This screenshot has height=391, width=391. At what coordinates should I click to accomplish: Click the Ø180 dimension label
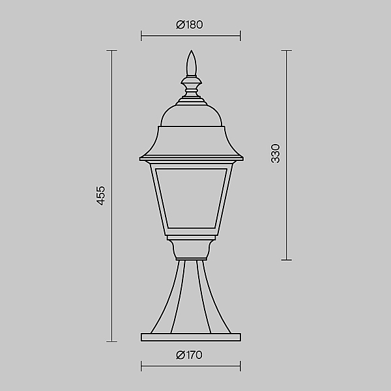[190, 25]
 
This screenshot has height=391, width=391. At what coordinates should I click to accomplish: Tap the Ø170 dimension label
[189, 355]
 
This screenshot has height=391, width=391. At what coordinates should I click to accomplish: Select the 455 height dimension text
[101, 195]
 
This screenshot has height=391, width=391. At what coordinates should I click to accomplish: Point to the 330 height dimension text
[276, 154]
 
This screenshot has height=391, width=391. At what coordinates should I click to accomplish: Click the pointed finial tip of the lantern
[191, 51]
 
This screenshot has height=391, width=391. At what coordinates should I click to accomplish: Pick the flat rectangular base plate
[191, 337]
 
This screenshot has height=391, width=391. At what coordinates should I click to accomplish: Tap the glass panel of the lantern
[191, 198]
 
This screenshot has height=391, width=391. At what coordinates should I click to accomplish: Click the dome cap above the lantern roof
[191, 116]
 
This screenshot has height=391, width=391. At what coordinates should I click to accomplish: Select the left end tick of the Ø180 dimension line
[141, 36]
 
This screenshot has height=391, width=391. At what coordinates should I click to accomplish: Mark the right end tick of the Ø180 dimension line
[240, 36]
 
